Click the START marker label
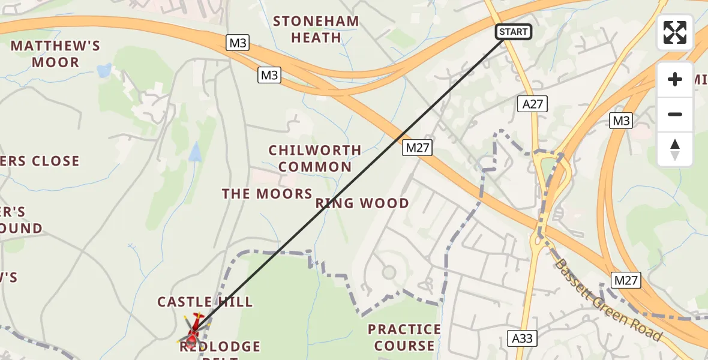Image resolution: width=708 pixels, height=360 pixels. tap(513, 32)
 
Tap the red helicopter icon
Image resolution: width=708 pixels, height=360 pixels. tap(193, 332)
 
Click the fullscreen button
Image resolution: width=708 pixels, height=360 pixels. tap(675, 32)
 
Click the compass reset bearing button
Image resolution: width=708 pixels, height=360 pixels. tap(675, 149)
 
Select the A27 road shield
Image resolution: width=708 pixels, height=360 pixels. tap(532, 104)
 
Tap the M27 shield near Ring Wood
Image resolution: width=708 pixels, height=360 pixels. tap(417, 148)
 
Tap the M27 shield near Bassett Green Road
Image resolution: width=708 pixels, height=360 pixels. tap(626, 280)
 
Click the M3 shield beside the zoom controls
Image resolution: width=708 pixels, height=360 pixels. tap(621, 121)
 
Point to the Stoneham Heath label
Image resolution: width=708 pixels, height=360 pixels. tap(316, 29)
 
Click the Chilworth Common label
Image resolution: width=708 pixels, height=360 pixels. tap(315, 158)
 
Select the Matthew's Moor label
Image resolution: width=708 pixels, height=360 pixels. tap(55, 54)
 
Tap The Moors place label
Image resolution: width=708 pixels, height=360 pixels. tap(267, 194)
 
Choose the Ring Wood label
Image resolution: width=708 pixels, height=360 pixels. tap(362, 203)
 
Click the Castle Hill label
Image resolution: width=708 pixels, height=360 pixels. tap(205, 302)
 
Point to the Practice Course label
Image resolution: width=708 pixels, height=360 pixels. tap(404, 337)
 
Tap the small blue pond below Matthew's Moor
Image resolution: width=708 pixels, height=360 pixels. tap(104, 71)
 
